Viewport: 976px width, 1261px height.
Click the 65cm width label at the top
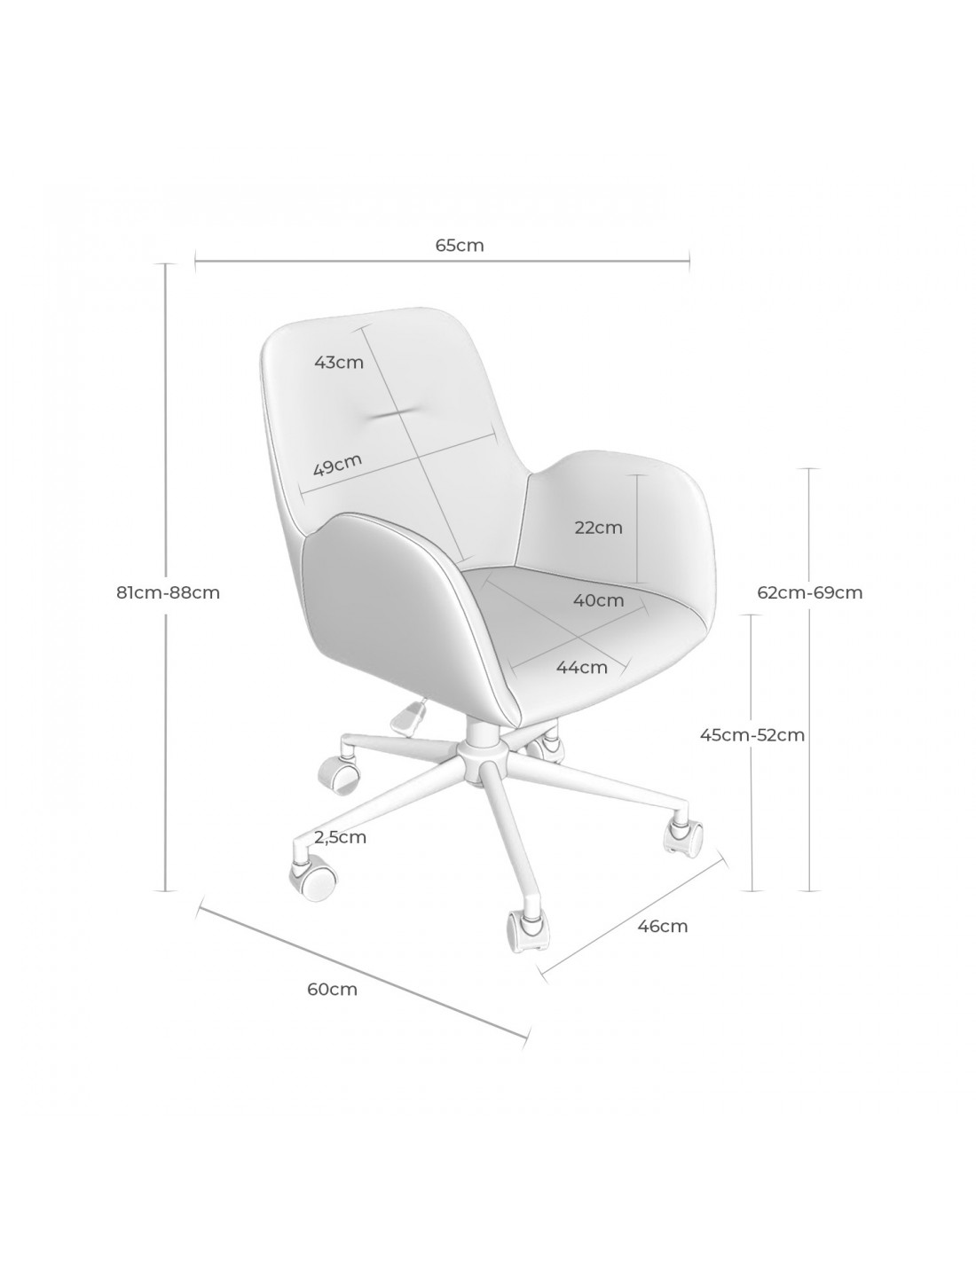coord(460,246)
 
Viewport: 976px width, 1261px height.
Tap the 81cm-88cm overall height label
coord(168,592)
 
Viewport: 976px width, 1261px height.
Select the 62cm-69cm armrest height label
coord(809,592)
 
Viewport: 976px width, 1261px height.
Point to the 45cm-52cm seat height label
coord(752,734)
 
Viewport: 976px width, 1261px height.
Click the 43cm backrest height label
coord(338,363)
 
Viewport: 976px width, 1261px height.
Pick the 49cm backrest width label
coord(337,464)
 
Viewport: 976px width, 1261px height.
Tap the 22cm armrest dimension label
coord(598,528)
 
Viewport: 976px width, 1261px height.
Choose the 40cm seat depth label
coord(599,599)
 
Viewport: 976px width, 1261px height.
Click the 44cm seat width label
coord(582,668)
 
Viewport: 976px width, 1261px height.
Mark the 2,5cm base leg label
coord(340,838)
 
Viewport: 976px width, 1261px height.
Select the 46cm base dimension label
coord(663,926)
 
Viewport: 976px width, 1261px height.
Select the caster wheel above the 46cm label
coord(683,838)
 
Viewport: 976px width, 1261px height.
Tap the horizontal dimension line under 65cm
coord(442,261)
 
